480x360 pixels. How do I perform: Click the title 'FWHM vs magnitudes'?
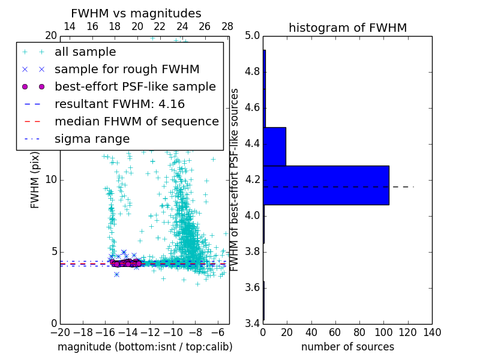136,13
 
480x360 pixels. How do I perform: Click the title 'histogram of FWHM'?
347,28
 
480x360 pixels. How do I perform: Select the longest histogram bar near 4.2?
326,185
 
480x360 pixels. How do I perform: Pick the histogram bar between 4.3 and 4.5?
274,146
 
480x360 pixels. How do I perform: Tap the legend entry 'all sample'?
85,52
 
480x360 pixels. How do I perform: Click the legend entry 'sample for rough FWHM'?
127,69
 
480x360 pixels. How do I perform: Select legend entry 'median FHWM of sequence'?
136,121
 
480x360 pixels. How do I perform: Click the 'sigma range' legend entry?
92,139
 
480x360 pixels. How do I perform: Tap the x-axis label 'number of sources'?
347,347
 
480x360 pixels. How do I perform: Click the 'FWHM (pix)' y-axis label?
35,179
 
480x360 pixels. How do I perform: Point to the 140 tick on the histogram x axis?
432,332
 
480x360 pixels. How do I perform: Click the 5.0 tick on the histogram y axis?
253,36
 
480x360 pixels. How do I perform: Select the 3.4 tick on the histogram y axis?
253,323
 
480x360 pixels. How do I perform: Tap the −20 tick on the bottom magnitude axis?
60,332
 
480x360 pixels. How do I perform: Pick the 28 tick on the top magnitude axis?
227,26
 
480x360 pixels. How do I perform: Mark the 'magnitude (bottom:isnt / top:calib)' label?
145,347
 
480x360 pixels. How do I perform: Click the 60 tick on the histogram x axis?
335,332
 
